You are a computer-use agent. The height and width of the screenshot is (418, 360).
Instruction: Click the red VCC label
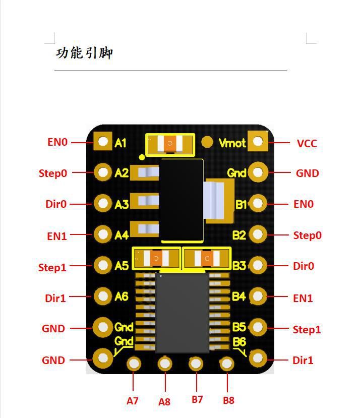pyautogui.click(x=307, y=143)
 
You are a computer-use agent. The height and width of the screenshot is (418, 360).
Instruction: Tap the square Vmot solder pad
pyautogui.click(x=258, y=141)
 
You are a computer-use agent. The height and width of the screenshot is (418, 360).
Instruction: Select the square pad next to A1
pyautogui.click(x=103, y=142)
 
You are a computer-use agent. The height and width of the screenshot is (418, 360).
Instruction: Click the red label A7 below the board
pyautogui.click(x=133, y=401)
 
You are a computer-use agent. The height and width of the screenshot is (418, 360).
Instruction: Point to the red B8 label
pyautogui.click(x=228, y=400)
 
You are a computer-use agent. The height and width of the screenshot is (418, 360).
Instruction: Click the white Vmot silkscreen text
pyautogui.click(x=232, y=143)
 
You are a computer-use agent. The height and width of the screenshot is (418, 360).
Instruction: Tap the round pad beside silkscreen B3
pyautogui.click(x=258, y=265)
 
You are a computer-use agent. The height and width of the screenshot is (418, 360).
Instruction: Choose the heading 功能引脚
pyautogui.click(x=84, y=53)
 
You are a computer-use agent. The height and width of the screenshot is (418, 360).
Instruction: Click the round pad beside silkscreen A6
pyautogui.click(x=103, y=296)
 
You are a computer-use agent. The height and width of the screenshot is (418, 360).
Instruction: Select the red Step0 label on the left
pyautogui.click(x=52, y=173)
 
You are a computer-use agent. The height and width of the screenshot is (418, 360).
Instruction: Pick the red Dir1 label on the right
pyautogui.click(x=303, y=360)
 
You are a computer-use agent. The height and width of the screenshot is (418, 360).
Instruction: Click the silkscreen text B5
pyautogui.click(x=239, y=327)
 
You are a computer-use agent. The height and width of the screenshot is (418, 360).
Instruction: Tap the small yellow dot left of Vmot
pyautogui.click(x=207, y=142)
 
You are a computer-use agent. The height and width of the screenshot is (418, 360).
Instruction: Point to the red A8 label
pyautogui.click(x=164, y=402)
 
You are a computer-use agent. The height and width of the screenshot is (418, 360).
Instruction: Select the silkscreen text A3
pyautogui.click(x=122, y=204)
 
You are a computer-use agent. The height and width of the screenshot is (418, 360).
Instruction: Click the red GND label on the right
pyautogui.click(x=307, y=173)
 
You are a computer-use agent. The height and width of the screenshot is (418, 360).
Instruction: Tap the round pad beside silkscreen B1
pyautogui.click(x=258, y=203)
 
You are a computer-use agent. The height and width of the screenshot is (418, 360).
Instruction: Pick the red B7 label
pyautogui.click(x=197, y=399)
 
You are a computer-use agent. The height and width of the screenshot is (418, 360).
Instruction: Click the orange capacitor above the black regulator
pyautogui.click(x=170, y=145)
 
